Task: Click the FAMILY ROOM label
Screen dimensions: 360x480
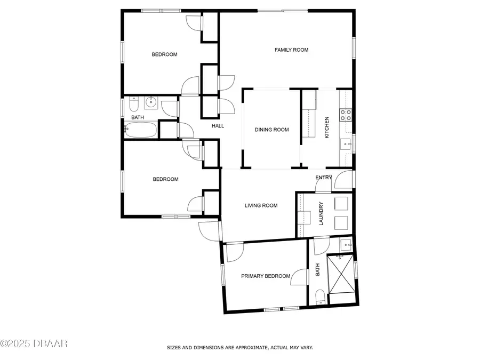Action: point(291,50)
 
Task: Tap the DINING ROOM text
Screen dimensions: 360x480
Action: point(271,130)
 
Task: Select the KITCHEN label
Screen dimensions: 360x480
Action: point(327,128)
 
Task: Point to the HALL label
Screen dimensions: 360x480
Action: point(218,126)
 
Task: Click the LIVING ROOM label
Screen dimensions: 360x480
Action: point(261,205)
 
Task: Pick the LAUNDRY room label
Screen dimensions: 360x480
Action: point(321,213)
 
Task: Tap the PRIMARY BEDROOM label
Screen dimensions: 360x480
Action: point(266,276)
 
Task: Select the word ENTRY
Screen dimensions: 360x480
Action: point(323,178)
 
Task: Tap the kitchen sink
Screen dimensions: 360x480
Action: point(346,143)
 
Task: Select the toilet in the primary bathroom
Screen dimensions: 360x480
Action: point(321,298)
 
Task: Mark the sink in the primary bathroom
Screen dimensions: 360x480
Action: point(347,245)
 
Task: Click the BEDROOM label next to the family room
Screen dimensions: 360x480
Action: point(164,54)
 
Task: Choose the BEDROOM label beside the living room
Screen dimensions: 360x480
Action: point(165,179)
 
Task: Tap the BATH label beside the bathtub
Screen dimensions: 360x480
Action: point(138,117)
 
